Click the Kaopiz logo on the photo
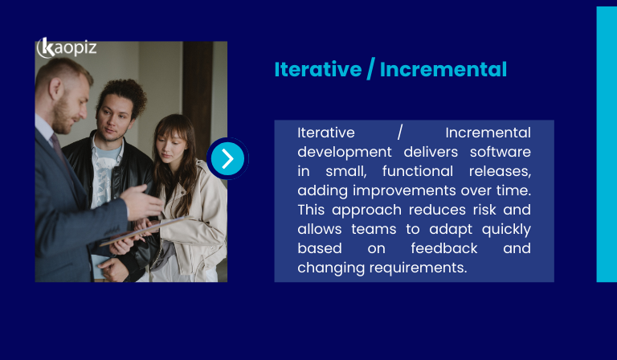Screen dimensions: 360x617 [67, 47]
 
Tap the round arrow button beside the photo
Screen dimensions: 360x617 [227, 158]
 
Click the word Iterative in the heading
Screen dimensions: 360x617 [317, 70]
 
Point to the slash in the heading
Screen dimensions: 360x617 [370, 70]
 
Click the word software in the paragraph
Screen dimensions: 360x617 [501, 152]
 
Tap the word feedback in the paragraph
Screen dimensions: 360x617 [443, 248]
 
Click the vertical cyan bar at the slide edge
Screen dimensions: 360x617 [606, 145]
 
